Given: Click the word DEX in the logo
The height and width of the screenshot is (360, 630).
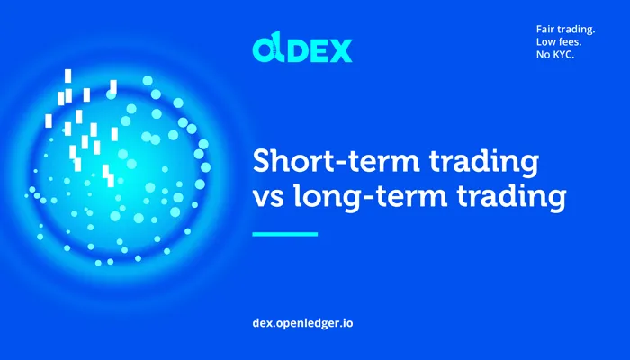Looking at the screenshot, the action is [x=319, y=50].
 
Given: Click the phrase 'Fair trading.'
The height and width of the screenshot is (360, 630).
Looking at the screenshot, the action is [x=565, y=30].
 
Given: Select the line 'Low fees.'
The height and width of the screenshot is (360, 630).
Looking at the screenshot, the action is [x=559, y=41].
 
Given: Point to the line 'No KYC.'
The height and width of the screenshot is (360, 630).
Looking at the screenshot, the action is [x=555, y=55].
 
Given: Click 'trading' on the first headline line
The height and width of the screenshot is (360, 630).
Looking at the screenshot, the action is [x=484, y=163].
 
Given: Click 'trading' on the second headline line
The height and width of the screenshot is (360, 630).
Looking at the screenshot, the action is [x=511, y=198].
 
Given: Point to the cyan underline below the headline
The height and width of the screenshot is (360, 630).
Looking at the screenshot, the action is [x=285, y=234].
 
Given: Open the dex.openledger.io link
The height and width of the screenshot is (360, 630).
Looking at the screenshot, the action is [x=302, y=323].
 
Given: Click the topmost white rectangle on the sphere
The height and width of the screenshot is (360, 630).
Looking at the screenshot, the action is [x=67, y=76].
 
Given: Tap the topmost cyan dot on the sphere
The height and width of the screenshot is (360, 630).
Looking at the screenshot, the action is [x=148, y=81].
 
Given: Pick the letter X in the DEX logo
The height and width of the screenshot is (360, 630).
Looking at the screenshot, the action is [x=341, y=51].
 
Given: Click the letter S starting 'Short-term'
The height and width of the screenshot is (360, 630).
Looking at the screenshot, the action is [x=262, y=160].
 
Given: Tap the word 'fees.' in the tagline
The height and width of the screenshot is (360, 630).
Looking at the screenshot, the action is [x=570, y=41].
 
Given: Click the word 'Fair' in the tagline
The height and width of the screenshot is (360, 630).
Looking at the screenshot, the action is [x=545, y=30].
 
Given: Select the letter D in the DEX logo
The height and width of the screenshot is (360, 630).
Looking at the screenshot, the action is [x=297, y=51].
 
